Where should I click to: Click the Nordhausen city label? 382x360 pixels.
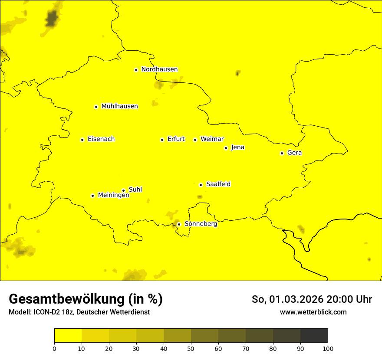159,69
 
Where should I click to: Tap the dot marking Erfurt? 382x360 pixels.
162,140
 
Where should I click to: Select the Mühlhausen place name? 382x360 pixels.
119,106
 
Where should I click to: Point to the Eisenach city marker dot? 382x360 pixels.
82,140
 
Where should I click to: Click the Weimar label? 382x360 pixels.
212,139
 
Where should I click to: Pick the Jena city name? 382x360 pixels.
237,147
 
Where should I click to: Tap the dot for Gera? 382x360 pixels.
282,153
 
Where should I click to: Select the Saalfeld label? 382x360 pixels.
218,184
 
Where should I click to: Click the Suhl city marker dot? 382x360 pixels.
123,190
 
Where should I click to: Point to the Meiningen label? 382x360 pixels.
113,196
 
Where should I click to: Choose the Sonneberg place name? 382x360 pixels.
201,224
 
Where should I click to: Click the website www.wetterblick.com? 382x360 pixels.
313,312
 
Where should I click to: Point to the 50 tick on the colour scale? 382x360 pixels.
191,348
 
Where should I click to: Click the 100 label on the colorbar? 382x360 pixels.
328,348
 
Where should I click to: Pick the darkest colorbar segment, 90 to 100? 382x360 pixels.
314,336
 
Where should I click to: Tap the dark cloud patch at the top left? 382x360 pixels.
52,19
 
